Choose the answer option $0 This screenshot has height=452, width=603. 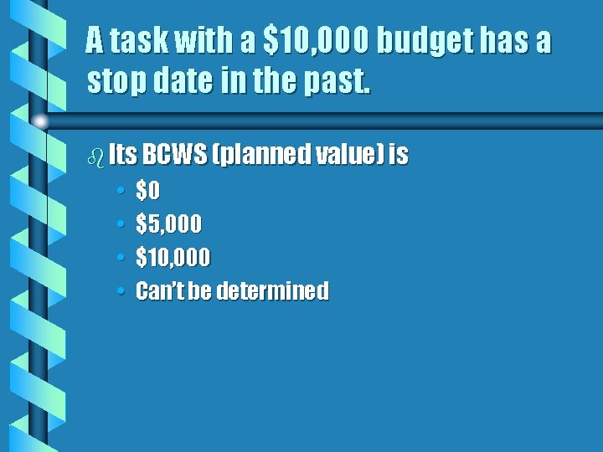[x=147, y=192]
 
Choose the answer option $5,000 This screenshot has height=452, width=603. [x=168, y=224]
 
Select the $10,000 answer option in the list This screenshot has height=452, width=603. [x=173, y=258]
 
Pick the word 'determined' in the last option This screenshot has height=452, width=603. [x=273, y=291]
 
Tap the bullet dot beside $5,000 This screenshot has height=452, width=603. [x=121, y=224]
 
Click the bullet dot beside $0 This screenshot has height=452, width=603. [x=121, y=192]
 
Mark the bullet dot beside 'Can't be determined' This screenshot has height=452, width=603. [x=121, y=291]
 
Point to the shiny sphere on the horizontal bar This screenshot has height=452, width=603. [x=39, y=121]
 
